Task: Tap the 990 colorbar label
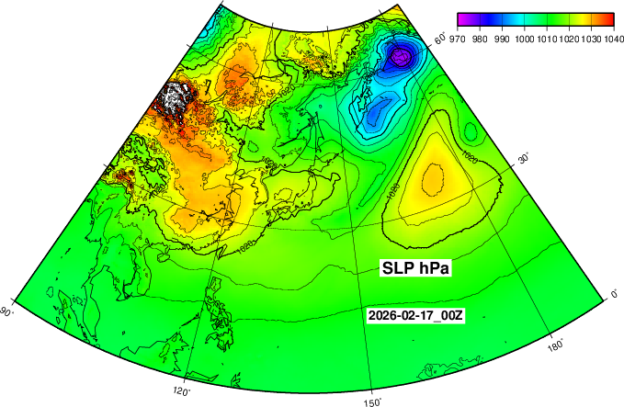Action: click(502, 40)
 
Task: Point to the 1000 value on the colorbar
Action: click(525, 40)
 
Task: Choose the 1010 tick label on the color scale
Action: click(547, 40)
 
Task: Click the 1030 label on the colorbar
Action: click(591, 40)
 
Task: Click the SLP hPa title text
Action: click(420, 267)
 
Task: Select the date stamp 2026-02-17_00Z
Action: click(415, 315)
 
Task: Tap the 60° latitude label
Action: click(441, 39)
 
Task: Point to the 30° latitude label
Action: click(526, 159)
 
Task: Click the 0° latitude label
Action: click(616, 294)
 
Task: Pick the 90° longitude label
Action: click(7, 311)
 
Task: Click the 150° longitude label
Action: click(372, 401)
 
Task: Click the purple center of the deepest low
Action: click(400, 57)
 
